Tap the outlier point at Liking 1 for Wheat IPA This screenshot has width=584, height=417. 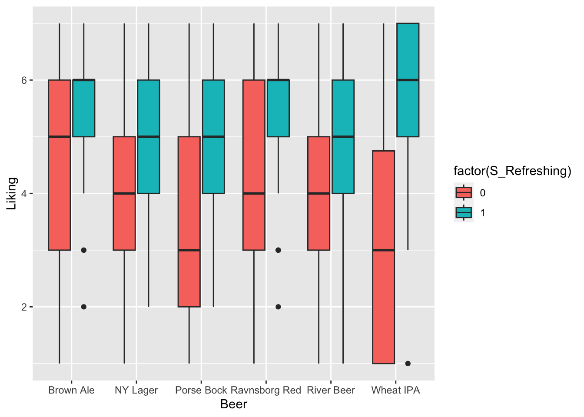coord(408,363)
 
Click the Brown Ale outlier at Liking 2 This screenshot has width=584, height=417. coord(84,307)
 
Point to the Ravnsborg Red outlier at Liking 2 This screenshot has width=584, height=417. coord(278,307)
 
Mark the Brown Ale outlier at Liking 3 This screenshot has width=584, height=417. coord(84,250)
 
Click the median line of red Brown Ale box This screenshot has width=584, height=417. coord(60,136)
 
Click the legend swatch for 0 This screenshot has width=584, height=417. coord(464,192)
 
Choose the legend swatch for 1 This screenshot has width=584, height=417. coord(464,212)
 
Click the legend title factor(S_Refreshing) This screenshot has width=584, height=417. coord(512,171)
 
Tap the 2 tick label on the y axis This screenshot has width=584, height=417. coord(25,307)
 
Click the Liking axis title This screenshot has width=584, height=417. coord(12,193)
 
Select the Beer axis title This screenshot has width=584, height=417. coord(233,404)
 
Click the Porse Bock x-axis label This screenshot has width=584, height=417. coord(201,390)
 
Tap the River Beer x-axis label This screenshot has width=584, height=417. coord(331,390)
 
